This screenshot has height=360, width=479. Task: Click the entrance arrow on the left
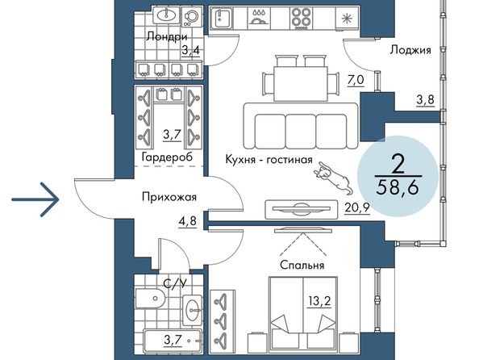[35, 199]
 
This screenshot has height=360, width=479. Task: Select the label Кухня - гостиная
[269, 160]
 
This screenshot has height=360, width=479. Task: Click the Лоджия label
[410, 50]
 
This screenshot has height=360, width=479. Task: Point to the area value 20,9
[357, 208]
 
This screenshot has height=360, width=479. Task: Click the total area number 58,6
[398, 187]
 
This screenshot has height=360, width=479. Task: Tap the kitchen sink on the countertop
[221, 18]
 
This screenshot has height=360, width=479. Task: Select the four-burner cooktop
[301, 18]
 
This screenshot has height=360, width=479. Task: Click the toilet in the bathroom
[150, 298]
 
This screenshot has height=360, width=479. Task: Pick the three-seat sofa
[301, 126]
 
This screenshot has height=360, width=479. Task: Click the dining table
[301, 83]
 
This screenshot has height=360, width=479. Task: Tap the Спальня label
[302, 266]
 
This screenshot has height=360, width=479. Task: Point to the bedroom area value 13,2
[319, 301]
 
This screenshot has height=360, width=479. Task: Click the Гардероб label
[167, 157]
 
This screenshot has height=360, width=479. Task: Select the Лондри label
[167, 37]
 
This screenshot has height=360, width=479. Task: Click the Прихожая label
[169, 197]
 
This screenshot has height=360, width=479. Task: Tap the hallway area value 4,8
[188, 220]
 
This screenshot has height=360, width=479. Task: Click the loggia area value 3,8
[425, 99]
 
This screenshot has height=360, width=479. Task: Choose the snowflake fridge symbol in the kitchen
[347, 19]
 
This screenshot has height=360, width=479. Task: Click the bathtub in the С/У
[173, 341]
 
